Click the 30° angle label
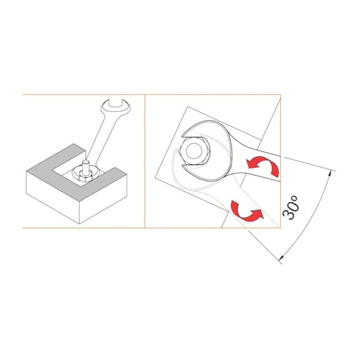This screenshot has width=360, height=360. point(291,207)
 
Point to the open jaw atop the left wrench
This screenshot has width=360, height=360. point(116,107)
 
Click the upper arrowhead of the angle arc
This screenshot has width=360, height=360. point(330,173)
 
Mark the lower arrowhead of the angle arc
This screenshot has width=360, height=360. point(282,258)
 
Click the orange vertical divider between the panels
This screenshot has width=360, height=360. point(145,161)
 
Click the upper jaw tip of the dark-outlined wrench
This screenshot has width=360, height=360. point(183,135)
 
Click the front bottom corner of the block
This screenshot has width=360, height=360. point(79,224)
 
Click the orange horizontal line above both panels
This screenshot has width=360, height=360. point(152,94)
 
